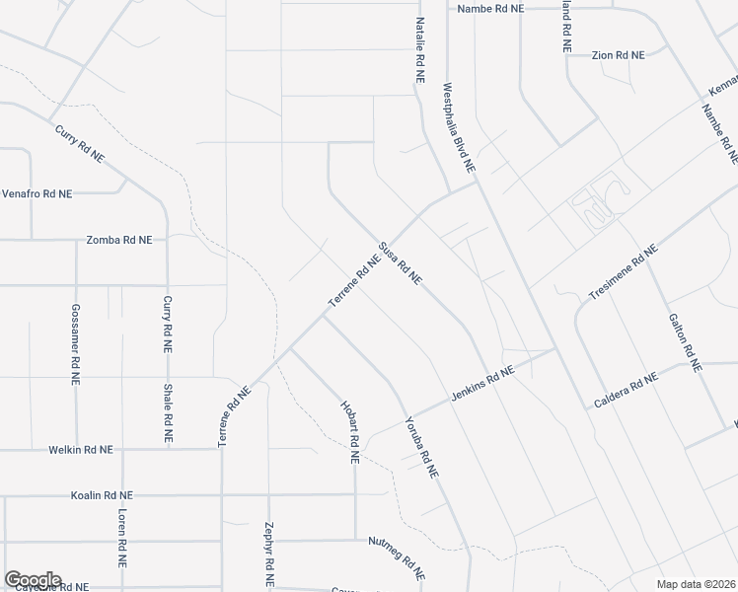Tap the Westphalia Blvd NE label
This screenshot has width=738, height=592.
(x=460, y=128)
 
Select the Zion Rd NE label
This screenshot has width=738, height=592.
(x=618, y=55)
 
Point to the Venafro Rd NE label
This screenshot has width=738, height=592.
(x=37, y=194)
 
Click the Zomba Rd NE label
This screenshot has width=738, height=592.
(x=119, y=240)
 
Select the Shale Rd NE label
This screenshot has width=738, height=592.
(x=168, y=412)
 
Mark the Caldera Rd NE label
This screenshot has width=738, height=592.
(x=626, y=391)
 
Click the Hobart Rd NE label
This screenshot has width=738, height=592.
(x=348, y=432)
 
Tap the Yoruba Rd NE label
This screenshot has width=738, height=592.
(x=420, y=446)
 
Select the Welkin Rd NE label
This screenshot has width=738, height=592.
(x=81, y=450)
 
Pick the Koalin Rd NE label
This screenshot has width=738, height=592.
(x=102, y=495)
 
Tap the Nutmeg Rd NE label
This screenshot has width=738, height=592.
(x=397, y=557)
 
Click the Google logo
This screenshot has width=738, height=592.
(x=33, y=580)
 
